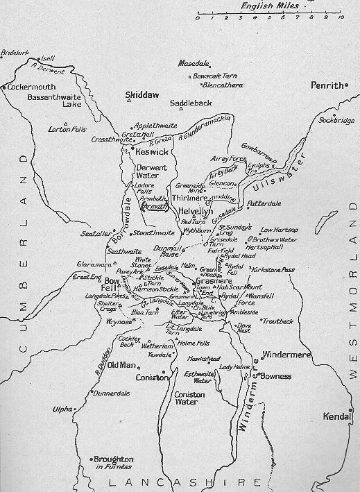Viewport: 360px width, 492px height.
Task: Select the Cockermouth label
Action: (31, 88)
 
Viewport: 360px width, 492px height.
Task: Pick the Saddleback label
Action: (191, 103)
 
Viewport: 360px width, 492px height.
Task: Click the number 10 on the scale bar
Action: (340, 18)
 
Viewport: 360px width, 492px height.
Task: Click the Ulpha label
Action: (62, 409)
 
